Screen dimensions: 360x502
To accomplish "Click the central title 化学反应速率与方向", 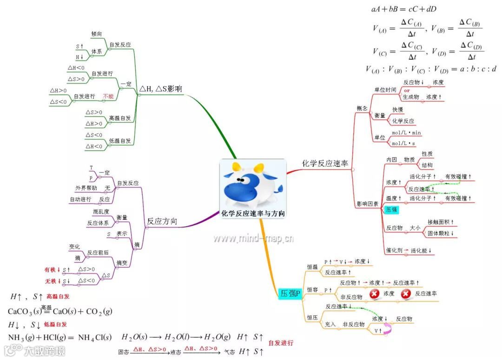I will coord(253,214).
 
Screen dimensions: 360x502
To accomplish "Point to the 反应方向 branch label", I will coord(162,221).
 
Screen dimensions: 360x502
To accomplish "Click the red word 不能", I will coord(108,96).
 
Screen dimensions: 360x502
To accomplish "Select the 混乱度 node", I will coord(101,212).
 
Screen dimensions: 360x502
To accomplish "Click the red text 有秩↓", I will coord(53,269).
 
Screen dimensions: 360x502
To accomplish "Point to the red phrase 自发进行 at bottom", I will coord(281,343).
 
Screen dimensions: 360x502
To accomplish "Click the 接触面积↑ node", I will coord(441,222).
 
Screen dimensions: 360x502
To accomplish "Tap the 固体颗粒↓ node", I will coord(441,233).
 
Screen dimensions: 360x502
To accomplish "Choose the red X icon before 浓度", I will coord(375,293).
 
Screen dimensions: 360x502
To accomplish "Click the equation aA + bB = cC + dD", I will coord(404,9).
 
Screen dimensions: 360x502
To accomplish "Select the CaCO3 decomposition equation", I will coord(60,311).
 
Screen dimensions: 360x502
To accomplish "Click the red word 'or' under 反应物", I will coord(407,90).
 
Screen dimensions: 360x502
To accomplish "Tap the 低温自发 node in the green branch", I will coord(120,140).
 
